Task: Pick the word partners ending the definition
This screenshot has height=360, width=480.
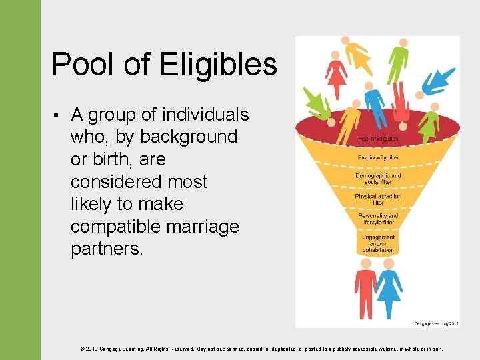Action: [x=106, y=249]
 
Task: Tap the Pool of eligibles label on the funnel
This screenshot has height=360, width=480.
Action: [x=378, y=139]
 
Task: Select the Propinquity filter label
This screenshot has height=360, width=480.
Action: [x=378, y=158]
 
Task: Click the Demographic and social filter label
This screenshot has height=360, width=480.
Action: [x=378, y=179]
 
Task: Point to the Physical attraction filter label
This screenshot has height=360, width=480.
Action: [x=378, y=199]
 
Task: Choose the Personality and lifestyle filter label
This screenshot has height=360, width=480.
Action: [x=378, y=219]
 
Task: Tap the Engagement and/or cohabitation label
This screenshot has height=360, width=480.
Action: [x=378, y=243]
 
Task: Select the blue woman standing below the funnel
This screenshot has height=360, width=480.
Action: [x=389, y=288]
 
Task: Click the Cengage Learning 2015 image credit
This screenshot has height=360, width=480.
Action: [x=436, y=323]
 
